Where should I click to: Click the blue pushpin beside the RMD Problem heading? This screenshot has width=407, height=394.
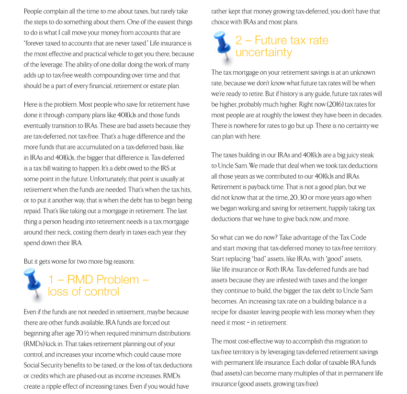pyautogui.click(x=34, y=283)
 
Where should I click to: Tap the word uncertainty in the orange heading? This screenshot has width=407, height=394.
pyautogui.click(x=263, y=52)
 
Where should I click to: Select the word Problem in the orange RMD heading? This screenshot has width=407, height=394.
pyautogui.click(x=118, y=279)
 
